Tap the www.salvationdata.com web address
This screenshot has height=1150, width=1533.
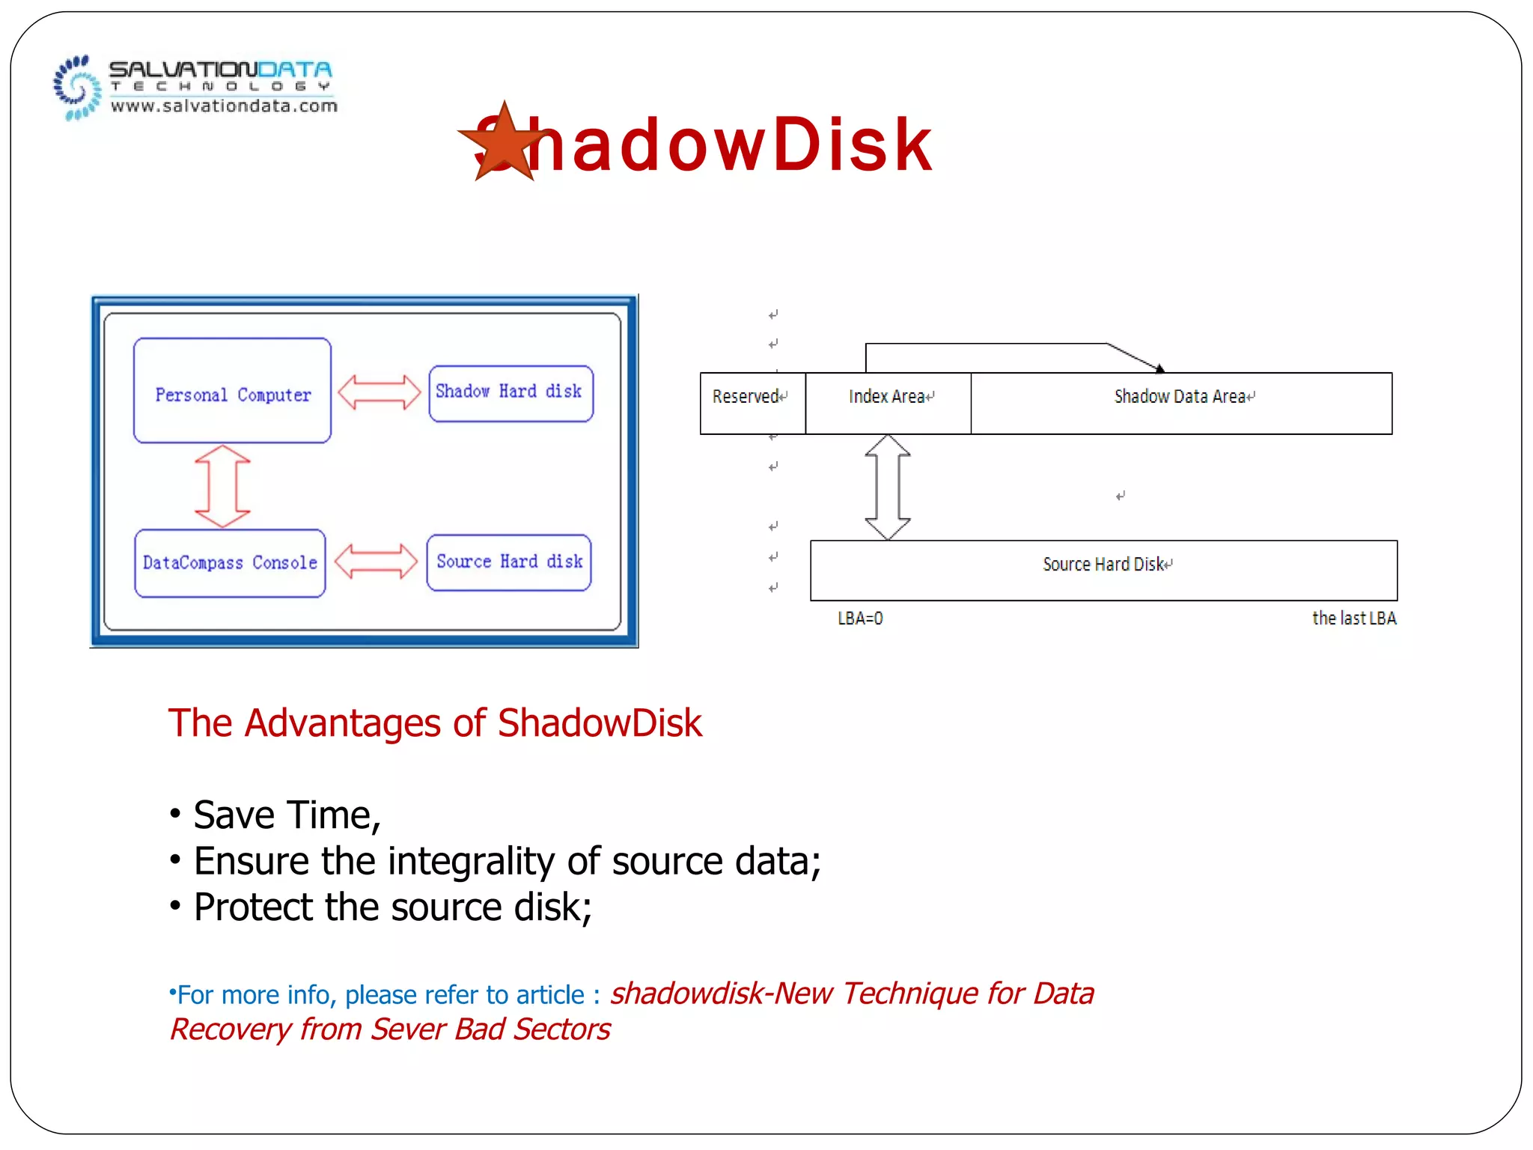pyautogui.click(x=224, y=106)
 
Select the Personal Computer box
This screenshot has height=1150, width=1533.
pyautogui.click(x=232, y=391)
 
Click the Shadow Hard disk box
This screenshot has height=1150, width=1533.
pyautogui.click(x=511, y=393)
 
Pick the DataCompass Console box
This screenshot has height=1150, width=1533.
pyautogui.click(x=230, y=563)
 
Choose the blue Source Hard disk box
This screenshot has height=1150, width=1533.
pyautogui.click(x=509, y=562)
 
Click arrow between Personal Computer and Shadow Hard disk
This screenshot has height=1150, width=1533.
pyautogui.click(x=380, y=392)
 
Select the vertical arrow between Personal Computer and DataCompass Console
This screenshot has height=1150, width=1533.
pyautogui.click(x=222, y=487)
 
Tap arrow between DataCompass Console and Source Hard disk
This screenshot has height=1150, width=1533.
pyautogui.click(x=376, y=562)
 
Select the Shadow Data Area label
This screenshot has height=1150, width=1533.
pyautogui.click(x=1180, y=397)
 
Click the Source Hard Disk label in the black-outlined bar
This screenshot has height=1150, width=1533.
pyautogui.click(x=1103, y=565)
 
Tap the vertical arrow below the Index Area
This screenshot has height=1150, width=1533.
pyautogui.click(x=888, y=487)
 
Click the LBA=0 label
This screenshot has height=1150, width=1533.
pyautogui.click(x=860, y=618)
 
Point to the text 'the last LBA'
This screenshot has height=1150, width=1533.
pyautogui.click(x=1353, y=618)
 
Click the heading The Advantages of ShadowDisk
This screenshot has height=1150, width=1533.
pyautogui.click(x=435, y=723)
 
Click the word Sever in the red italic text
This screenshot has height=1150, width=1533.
pyautogui.click(x=409, y=1029)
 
